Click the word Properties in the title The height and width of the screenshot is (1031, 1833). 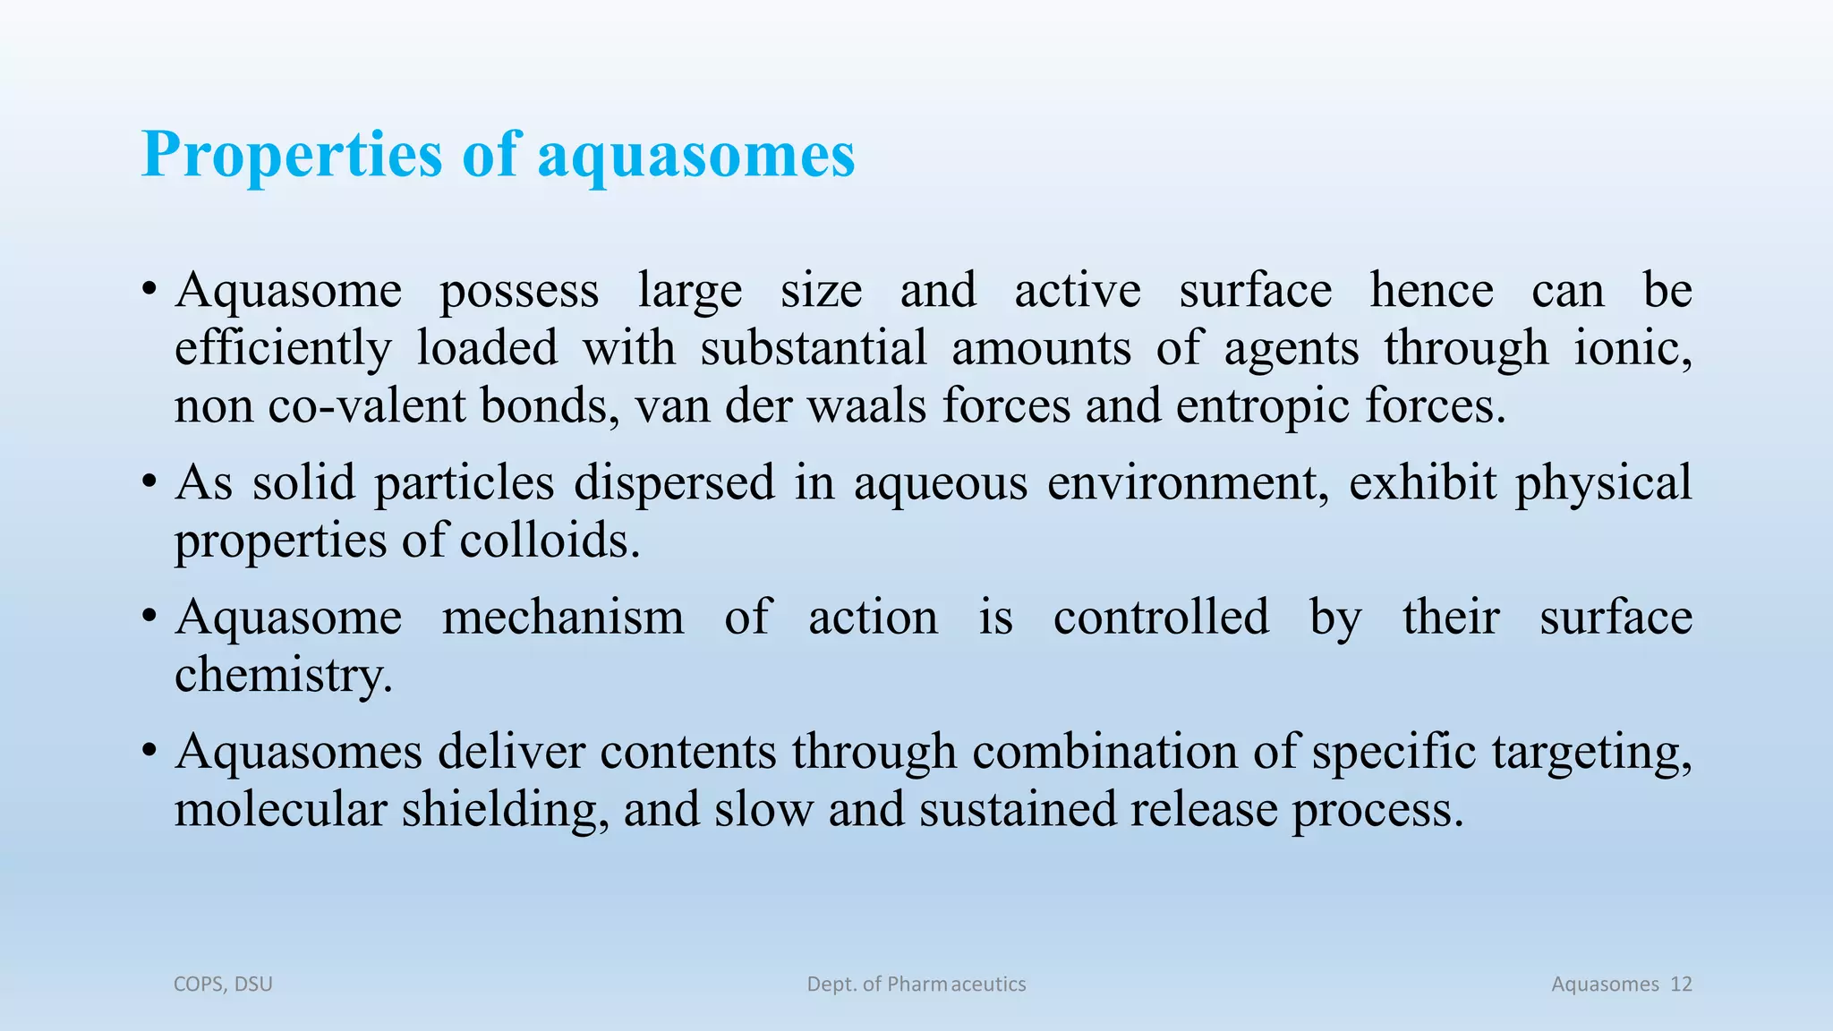point(292,156)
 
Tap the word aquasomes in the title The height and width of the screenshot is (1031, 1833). point(696,156)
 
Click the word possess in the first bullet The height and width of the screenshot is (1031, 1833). point(519,292)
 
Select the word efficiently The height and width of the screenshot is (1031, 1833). point(283,349)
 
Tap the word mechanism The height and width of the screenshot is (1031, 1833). point(563,618)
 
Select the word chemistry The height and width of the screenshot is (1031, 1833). point(283,676)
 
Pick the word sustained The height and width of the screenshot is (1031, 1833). point(1017,810)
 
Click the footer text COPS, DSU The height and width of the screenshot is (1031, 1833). point(223,984)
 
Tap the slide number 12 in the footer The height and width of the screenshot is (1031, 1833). point(1681,984)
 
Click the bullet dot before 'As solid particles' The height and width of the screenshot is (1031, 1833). point(149,484)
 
